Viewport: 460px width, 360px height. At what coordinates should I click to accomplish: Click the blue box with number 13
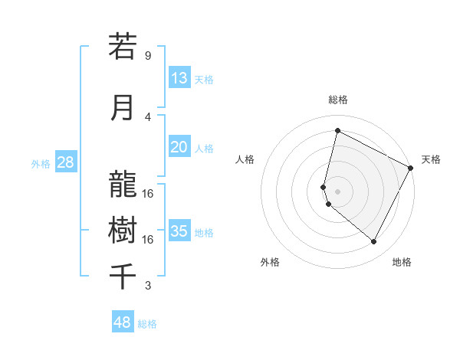click(x=179, y=78)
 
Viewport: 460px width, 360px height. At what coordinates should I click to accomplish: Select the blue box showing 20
click(x=179, y=148)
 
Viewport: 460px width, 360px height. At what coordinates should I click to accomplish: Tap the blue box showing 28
click(x=65, y=162)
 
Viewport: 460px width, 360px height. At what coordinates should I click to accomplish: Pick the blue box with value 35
click(x=179, y=231)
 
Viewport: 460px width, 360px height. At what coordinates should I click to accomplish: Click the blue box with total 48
click(x=123, y=322)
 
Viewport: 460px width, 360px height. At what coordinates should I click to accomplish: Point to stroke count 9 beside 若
click(x=148, y=56)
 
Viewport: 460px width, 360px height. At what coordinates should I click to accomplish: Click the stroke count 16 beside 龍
click(x=148, y=193)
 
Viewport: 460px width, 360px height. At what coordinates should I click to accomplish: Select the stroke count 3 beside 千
click(x=148, y=286)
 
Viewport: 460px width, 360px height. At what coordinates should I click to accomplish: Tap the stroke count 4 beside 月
click(x=148, y=116)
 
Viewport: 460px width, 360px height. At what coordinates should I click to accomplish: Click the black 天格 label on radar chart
click(x=431, y=159)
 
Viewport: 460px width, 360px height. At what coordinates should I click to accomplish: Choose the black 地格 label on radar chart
click(x=402, y=262)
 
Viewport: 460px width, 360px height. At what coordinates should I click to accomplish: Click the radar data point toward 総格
click(x=337, y=131)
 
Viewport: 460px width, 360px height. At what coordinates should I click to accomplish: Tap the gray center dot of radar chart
click(x=337, y=190)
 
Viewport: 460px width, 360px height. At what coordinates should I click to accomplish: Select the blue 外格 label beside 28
click(x=41, y=163)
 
